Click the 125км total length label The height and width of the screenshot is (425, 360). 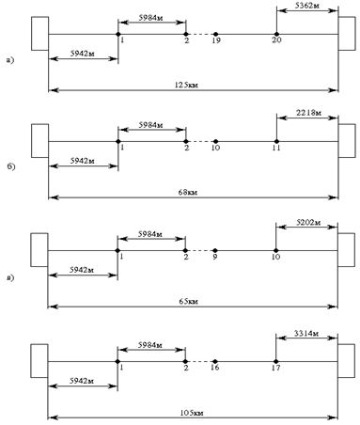tap(186, 85)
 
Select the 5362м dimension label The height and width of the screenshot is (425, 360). tap(307, 6)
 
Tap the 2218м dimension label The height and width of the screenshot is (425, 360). tap(308, 113)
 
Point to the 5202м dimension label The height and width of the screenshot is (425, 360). tap(308, 222)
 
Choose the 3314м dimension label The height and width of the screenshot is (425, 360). tap(306, 333)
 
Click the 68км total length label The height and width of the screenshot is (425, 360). tap(188, 192)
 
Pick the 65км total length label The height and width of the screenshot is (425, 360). tap(188, 301)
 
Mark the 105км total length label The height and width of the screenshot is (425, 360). tap(192, 413)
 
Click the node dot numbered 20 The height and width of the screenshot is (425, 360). tap(276, 34)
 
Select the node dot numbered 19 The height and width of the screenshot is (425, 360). tap(215, 34)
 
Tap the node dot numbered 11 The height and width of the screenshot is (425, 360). tap(276, 141)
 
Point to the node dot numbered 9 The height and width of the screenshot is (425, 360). tap(215, 250)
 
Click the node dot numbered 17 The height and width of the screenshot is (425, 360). tap(275, 361)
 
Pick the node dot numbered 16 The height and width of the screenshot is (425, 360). tap(215, 361)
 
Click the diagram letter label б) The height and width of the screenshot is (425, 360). tap(11, 166)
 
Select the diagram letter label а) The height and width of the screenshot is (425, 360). tap(10, 60)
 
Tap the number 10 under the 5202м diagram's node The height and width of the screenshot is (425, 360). tap(275, 257)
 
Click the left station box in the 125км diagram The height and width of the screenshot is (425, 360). tap(39, 34)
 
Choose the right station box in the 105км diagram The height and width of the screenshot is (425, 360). tap(346, 361)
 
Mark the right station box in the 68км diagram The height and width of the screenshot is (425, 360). tap(347, 141)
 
